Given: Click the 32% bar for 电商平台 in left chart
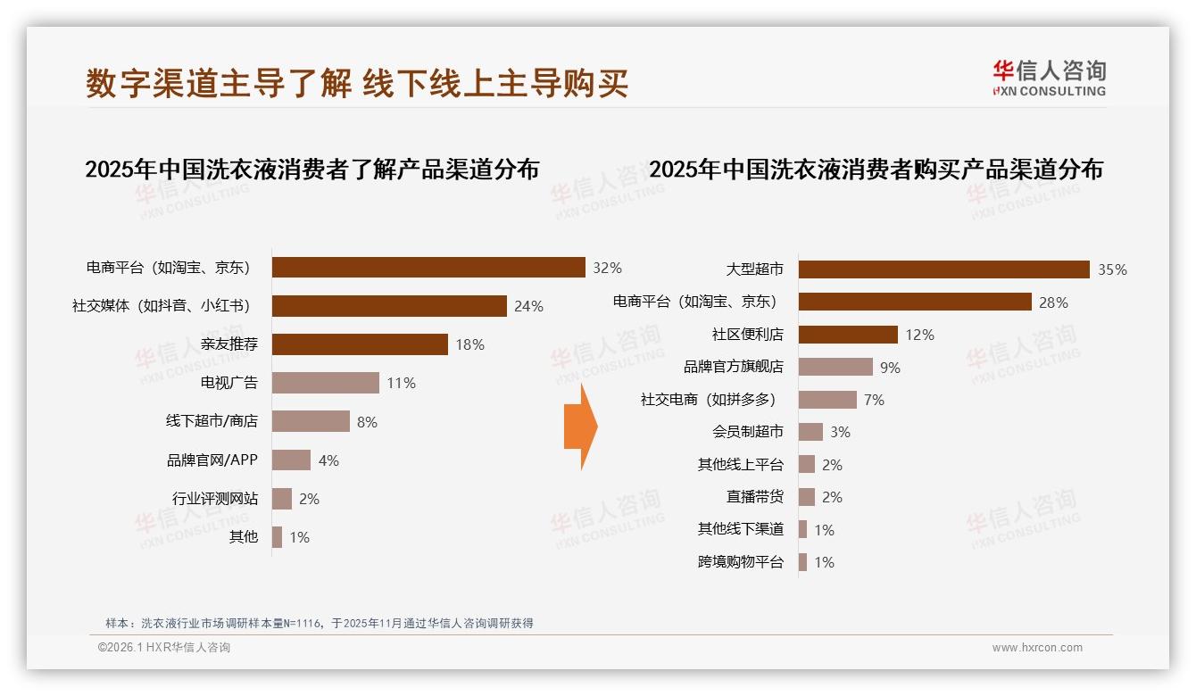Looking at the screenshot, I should (x=428, y=267).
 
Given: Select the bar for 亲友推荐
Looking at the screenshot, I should (x=360, y=344).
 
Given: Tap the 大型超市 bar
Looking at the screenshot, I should (x=943, y=269).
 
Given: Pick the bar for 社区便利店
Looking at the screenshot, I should (x=848, y=335).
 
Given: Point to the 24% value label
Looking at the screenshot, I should (x=528, y=306).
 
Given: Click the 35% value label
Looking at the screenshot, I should (x=1112, y=269).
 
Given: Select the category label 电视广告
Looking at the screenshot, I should (x=229, y=383).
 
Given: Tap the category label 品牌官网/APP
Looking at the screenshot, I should (x=212, y=460).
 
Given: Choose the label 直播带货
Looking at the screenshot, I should (x=754, y=497).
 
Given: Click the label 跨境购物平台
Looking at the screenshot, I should (x=740, y=562).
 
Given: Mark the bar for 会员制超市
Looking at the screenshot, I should (x=810, y=432).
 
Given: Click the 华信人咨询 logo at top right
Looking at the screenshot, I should (x=1049, y=78).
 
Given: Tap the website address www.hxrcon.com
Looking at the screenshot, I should (x=1036, y=648).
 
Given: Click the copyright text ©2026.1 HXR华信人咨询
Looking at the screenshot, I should (x=163, y=648).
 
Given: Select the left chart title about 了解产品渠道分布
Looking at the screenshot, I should (x=311, y=169).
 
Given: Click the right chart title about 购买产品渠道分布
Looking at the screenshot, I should (x=876, y=169).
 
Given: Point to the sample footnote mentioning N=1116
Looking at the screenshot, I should (x=319, y=623).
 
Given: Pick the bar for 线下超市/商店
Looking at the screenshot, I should (x=311, y=421).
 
